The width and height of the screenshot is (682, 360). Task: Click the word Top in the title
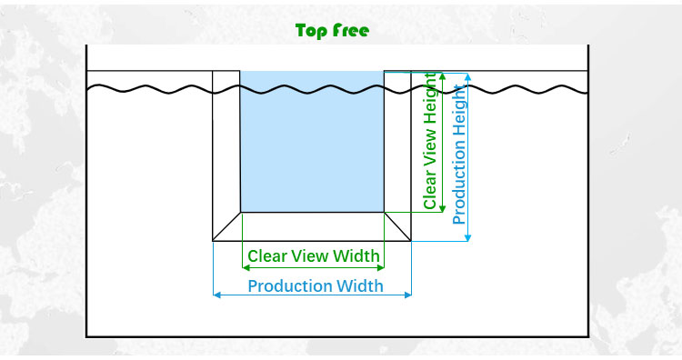[311, 31]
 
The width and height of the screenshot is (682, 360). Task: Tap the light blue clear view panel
[312, 142]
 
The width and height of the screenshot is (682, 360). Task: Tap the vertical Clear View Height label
[430, 141]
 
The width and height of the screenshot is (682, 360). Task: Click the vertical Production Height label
[459, 155]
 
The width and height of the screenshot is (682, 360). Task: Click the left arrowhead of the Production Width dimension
[217, 295]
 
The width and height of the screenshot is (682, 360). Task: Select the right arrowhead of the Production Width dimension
[407, 295]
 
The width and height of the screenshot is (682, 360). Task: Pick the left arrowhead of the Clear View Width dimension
[246, 268]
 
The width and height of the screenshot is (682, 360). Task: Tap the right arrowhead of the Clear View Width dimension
[381, 268]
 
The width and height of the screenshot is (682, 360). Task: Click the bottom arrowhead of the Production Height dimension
[467, 237]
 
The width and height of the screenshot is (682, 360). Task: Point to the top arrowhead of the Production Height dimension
[467, 77]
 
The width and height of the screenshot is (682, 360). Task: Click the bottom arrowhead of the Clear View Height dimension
[443, 209]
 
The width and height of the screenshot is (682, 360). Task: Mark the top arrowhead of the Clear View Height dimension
[443, 76]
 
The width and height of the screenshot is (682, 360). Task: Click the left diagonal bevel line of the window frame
[226, 226]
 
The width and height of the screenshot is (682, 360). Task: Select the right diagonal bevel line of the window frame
[397, 226]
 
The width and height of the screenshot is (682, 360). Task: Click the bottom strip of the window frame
[312, 226]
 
